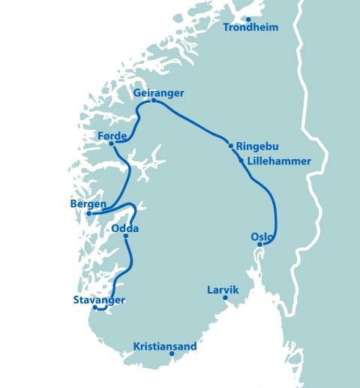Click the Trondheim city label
251,28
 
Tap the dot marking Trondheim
248,19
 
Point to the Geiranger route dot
153,101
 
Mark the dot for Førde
111,143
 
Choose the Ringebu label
258,146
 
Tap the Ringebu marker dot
231,146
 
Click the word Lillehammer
278,161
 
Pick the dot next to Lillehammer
241,160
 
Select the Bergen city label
87,204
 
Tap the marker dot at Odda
125,236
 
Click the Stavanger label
99,299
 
